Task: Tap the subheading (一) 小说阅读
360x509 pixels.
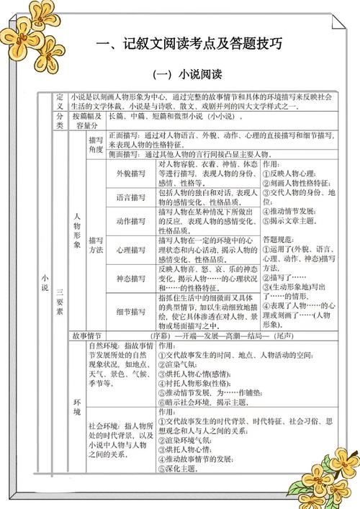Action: coord(188,74)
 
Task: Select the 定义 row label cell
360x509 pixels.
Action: coord(60,101)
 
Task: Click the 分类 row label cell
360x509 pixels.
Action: coord(60,120)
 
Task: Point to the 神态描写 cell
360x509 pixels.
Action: coord(131,278)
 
